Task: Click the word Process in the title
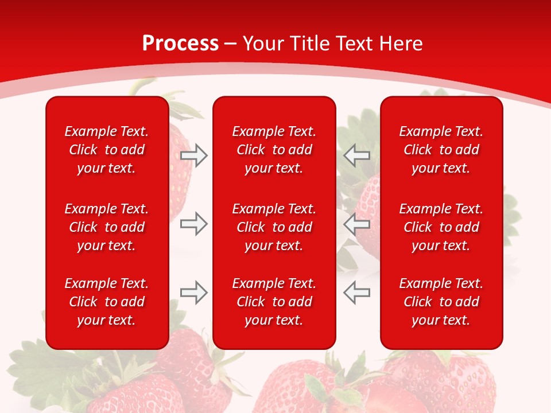180,44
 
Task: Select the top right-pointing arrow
194,155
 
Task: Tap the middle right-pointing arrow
194,224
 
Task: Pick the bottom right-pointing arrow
194,293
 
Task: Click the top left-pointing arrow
356,155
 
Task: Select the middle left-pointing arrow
356,224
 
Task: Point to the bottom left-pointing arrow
356,293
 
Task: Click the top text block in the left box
107,150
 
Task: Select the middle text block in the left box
107,227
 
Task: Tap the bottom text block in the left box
107,302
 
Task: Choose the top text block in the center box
274,150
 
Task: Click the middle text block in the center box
274,227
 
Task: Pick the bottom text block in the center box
274,302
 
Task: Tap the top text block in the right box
441,150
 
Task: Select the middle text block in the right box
441,227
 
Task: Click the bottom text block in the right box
441,302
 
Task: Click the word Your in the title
263,44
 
